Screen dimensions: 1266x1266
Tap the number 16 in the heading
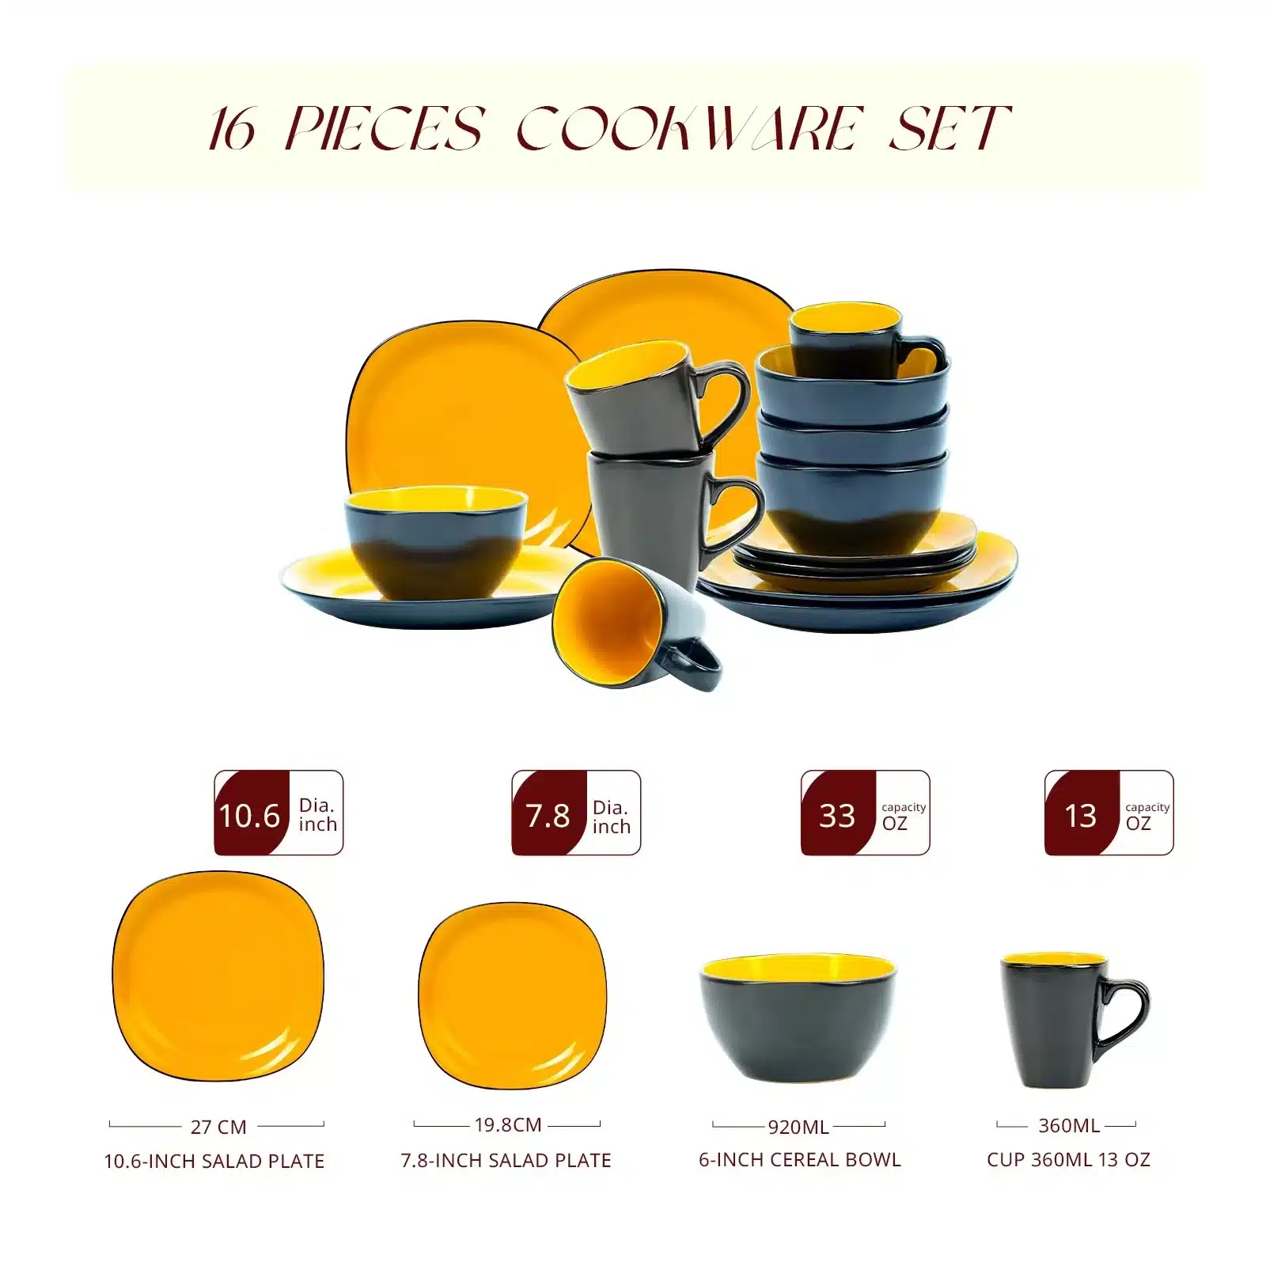(233, 129)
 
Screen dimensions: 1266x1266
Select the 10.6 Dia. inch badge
(279, 813)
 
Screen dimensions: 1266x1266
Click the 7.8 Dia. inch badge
(576, 813)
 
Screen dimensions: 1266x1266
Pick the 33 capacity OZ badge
(866, 813)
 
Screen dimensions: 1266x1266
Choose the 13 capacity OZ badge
(1109, 813)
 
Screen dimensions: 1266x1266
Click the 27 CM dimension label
(218, 1127)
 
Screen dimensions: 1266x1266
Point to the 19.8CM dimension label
(508, 1124)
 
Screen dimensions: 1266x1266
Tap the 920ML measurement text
(798, 1127)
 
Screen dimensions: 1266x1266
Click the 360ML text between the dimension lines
(1069, 1125)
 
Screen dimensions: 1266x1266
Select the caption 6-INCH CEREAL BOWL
(800, 1160)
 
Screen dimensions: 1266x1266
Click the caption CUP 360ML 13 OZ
(1068, 1160)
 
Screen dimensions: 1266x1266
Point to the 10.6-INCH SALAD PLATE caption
(214, 1162)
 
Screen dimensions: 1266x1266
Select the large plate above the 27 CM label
(218, 976)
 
